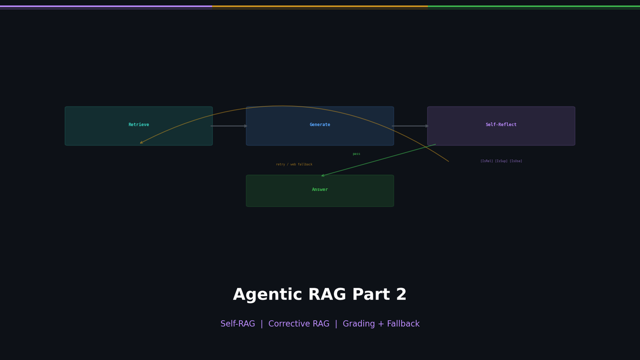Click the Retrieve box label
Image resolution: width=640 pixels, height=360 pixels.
pyautogui.click(x=139, y=125)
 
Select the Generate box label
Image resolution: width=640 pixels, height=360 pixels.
pyautogui.click(x=320, y=125)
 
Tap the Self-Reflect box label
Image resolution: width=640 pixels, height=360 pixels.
pyautogui.click(x=501, y=125)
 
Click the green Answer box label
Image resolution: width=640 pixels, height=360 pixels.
pyautogui.click(x=320, y=190)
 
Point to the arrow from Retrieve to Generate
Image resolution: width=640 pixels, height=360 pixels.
pyautogui.click(x=229, y=126)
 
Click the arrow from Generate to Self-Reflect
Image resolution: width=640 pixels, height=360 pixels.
pyautogui.click(x=410, y=126)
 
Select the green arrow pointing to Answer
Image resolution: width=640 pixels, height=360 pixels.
pyautogui.click(x=379, y=160)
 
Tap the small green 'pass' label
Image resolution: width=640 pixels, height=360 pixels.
pyautogui.click(x=356, y=154)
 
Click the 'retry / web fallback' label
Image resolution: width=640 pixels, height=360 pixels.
pyautogui.click(x=294, y=164)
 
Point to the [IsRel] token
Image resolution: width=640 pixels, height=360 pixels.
pyautogui.click(x=487, y=161)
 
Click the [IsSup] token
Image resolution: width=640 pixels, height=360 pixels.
pyautogui.click(x=501, y=161)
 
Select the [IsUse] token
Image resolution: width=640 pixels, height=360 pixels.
pyautogui.click(x=516, y=161)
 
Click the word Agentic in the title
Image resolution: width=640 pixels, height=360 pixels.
pyautogui.click(x=261, y=295)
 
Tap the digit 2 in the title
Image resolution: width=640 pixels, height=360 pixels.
pyautogui.click(x=401, y=295)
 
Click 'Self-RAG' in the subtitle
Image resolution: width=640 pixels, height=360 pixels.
pyautogui.click(x=237, y=324)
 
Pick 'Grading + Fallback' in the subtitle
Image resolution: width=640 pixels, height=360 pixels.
pyautogui.click(x=381, y=324)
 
